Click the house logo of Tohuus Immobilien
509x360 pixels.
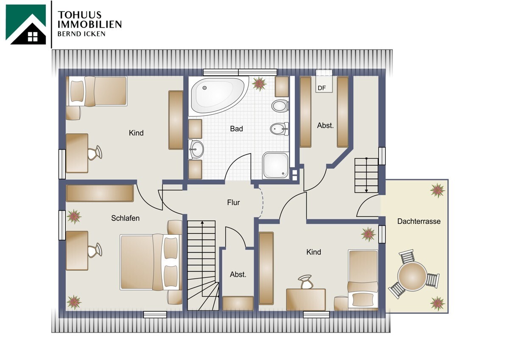tap(26, 25)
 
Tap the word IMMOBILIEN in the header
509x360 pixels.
tap(89, 24)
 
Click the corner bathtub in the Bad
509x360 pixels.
tap(216, 95)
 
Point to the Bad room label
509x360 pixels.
tap(236, 129)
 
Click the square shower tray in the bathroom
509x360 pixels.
tap(275, 166)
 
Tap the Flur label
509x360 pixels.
tap(233, 202)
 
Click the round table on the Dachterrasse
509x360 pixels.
tap(412, 276)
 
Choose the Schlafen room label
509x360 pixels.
tap(125, 218)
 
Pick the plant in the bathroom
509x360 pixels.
tap(259, 84)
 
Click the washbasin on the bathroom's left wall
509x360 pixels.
tap(196, 149)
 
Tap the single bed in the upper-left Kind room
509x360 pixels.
tap(98, 91)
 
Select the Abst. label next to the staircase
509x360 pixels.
tap(238, 275)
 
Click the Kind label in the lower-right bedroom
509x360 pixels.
tap(313, 252)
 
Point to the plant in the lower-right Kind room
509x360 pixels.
tap(368, 234)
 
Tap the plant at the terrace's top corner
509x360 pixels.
tap(437, 191)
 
